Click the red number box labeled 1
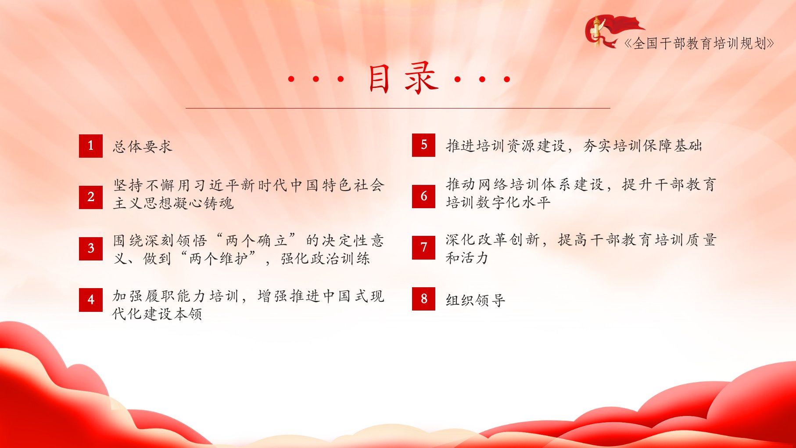pos(91,146)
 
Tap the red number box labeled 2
pos(91,197)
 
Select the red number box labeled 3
pos(91,249)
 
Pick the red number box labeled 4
pos(91,300)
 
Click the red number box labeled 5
pos(423,145)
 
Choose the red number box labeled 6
pos(423,196)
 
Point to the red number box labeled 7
pos(423,248)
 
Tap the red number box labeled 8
pos(423,299)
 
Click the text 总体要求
pos(143,146)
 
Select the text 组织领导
pos(476,300)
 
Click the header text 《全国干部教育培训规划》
pos(699,43)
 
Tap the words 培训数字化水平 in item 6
pos(498,202)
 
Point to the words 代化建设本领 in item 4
pos(157,314)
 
